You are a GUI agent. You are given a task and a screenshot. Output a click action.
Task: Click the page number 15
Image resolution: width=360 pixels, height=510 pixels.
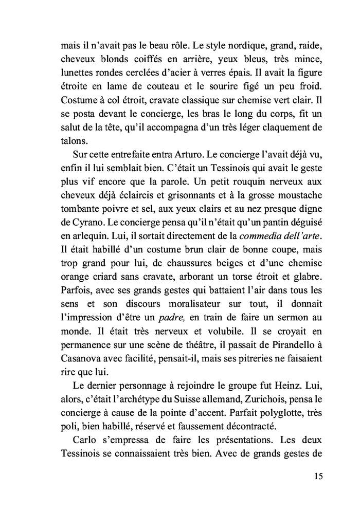click(x=318, y=476)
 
